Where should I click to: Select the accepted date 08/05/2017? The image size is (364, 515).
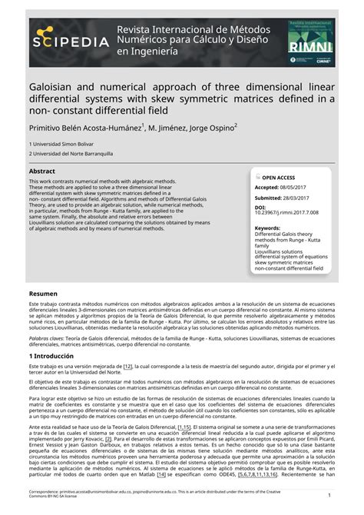tap(300, 187)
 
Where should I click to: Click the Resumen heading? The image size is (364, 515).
tap(44, 294)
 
